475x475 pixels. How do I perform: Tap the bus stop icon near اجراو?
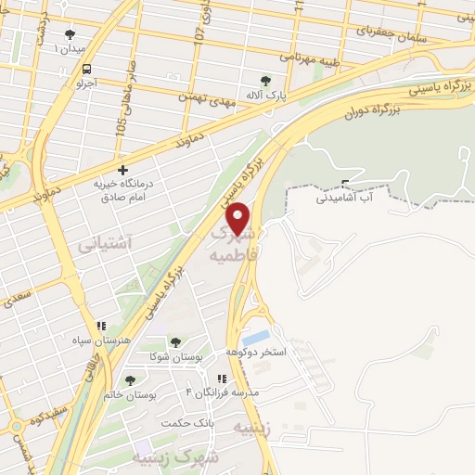tap(87, 69)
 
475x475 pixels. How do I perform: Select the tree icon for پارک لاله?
tap(266, 81)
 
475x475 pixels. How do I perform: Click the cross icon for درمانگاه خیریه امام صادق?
tap(122, 170)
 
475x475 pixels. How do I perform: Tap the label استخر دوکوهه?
tap(256, 353)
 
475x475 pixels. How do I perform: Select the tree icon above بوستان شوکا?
tap(176, 343)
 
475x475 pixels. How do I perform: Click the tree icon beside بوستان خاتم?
tap(129, 380)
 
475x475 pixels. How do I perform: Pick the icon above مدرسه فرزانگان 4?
tap(221, 379)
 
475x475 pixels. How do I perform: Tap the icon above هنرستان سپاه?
tap(101, 327)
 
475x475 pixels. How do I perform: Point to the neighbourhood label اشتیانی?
tap(104, 243)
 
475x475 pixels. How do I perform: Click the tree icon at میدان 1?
tap(71, 34)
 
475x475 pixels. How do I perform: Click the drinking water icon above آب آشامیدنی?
tap(345, 183)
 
